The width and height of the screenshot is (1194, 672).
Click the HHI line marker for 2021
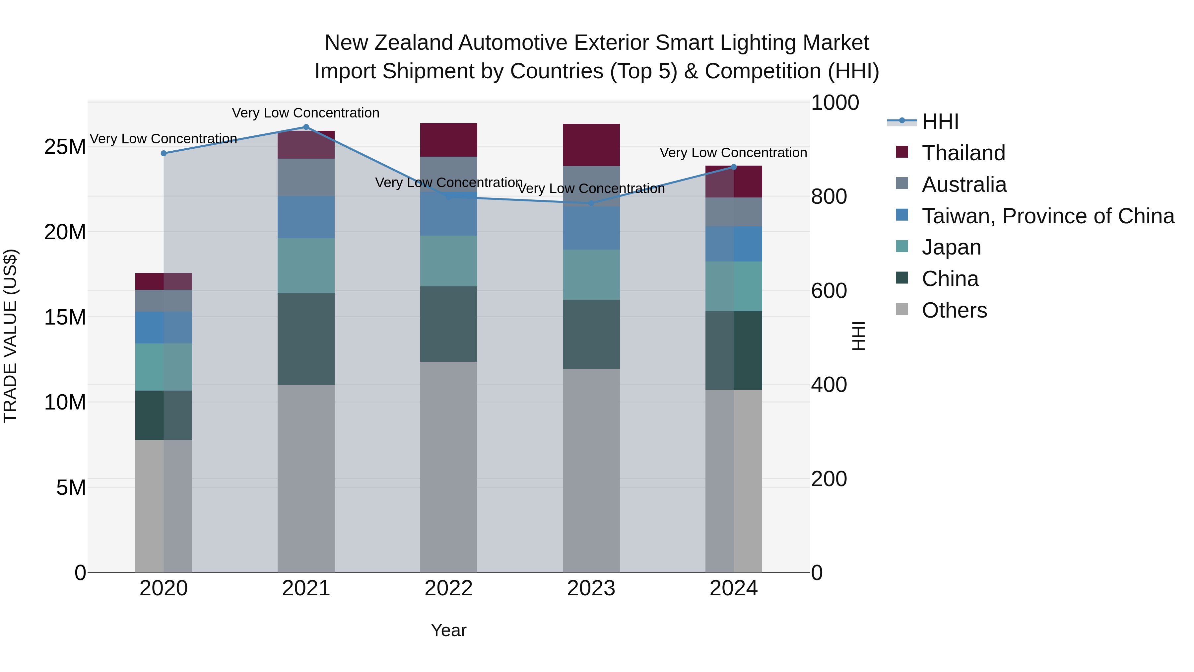click(x=306, y=127)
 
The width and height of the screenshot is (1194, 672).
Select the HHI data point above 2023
click(x=591, y=203)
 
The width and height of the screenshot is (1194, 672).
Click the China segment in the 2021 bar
click(x=306, y=338)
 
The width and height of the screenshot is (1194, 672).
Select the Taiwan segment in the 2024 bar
click(x=733, y=244)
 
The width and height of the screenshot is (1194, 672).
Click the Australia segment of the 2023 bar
click(x=591, y=186)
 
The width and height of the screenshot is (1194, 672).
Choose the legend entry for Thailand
click(x=963, y=153)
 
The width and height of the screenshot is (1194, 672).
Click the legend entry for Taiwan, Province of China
click(x=1047, y=216)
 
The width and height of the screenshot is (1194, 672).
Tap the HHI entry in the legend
click(x=940, y=121)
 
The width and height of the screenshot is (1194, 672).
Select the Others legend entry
click(x=954, y=310)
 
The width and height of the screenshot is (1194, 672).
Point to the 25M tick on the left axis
click(x=65, y=147)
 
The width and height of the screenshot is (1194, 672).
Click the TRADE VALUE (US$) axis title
click(x=10, y=336)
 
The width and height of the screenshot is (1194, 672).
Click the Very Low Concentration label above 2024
click(x=733, y=153)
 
